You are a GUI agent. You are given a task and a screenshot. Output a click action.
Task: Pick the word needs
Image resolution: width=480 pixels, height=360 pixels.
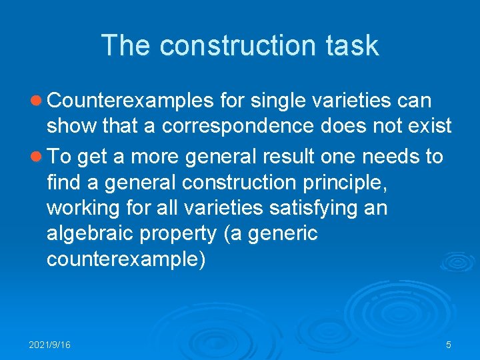(392, 157)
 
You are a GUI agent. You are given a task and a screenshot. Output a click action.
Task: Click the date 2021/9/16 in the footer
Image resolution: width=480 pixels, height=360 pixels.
(50, 345)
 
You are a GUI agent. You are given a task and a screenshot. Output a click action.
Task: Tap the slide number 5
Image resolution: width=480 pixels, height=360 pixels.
(449, 345)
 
